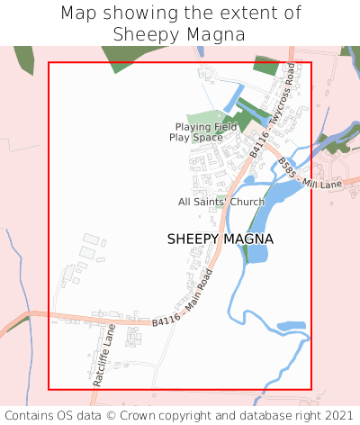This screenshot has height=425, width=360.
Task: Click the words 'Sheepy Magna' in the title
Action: (x=179, y=34)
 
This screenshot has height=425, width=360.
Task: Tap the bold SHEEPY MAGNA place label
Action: (x=220, y=239)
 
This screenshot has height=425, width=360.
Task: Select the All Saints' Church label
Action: (x=221, y=202)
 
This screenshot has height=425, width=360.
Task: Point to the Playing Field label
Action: (x=206, y=127)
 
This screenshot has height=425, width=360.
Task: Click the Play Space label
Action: (x=195, y=138)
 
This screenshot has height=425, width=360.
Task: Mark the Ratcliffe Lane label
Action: (x=101, y=355)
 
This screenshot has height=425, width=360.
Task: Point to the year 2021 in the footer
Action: (x=337, y=416)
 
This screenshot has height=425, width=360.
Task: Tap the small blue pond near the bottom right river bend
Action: (x=291, y=326)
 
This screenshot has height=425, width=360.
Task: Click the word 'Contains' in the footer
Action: (x=29, y=416)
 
